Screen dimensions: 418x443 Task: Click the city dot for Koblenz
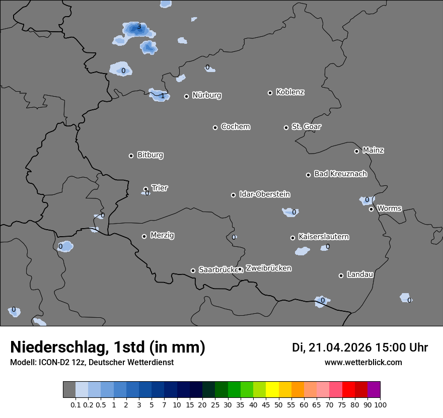(x=270, y=93)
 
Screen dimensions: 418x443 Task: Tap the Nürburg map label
(x=206, y=95)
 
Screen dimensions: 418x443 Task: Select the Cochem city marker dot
(x=215, y=127)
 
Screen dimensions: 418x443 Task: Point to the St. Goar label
(x=306, y=126)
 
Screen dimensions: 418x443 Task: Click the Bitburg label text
(x=150, y=155)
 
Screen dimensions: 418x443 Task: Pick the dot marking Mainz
(x=356, y=151)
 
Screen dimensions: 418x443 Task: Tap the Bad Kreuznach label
(x=340, y=174)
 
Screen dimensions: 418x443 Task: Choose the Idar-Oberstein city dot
(x=233, y=195)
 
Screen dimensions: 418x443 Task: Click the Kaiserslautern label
(x=324, y=237)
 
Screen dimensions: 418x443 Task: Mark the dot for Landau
(x=341, y=275)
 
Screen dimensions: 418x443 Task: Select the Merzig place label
(x=163, y=235)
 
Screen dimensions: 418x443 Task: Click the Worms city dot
(x=371, y=209)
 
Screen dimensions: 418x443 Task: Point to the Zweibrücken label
(x=268, y=268)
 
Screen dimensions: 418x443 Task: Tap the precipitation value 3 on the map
(x=139, y=27)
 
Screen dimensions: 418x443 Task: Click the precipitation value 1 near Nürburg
(x=162, y=96)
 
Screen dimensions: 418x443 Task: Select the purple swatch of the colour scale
(x=374, y=390)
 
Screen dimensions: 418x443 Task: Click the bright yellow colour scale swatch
(x=272, y=390)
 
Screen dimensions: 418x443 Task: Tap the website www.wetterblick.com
(x=363, y=362)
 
